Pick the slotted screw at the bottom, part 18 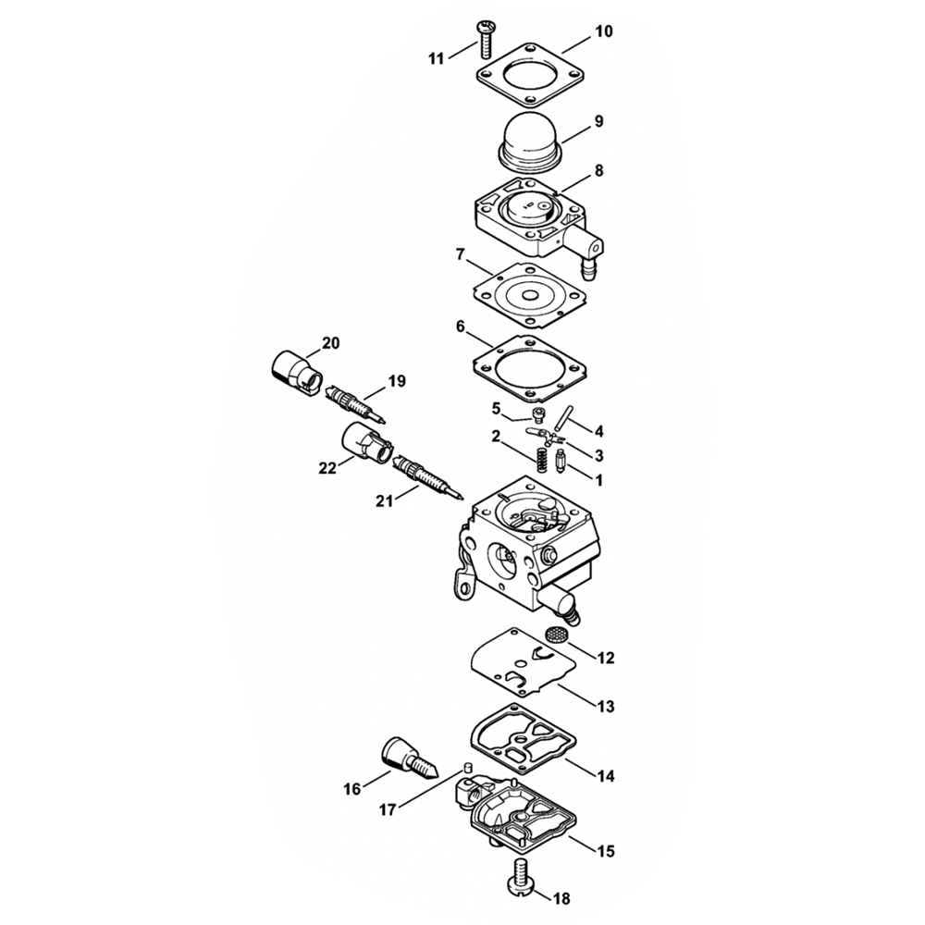(520, 878)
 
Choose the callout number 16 (352, 788)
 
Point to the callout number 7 (461, 255)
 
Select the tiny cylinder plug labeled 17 (469, 768)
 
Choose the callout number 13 (605, 706)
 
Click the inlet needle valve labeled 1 (561, 461)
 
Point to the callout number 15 (606, 851)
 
